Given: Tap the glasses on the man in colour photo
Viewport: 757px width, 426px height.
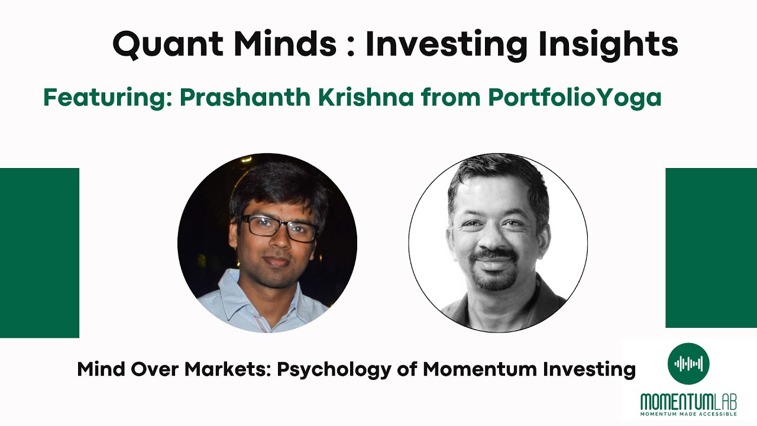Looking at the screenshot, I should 279,227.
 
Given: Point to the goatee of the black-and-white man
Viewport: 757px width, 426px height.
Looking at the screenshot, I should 493,278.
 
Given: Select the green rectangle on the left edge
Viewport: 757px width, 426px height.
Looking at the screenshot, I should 39,253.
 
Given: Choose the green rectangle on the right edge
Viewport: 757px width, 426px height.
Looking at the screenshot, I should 711,247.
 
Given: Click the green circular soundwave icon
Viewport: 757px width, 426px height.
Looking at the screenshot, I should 688,363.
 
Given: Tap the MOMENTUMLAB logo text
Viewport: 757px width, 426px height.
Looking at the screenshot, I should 688,402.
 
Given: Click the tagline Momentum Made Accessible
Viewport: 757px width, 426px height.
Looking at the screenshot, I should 688,414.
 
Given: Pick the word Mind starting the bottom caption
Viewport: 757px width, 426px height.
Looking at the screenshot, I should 98,369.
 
